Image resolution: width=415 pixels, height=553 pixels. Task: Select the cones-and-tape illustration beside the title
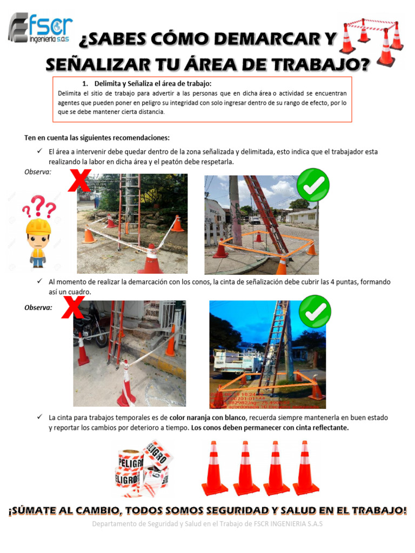372,41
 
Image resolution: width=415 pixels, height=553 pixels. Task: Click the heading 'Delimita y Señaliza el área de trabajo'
152,84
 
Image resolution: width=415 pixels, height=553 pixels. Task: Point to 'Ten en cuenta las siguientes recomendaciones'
97,138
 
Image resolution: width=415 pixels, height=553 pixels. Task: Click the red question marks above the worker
39,206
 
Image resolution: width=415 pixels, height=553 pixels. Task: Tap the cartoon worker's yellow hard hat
38,226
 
